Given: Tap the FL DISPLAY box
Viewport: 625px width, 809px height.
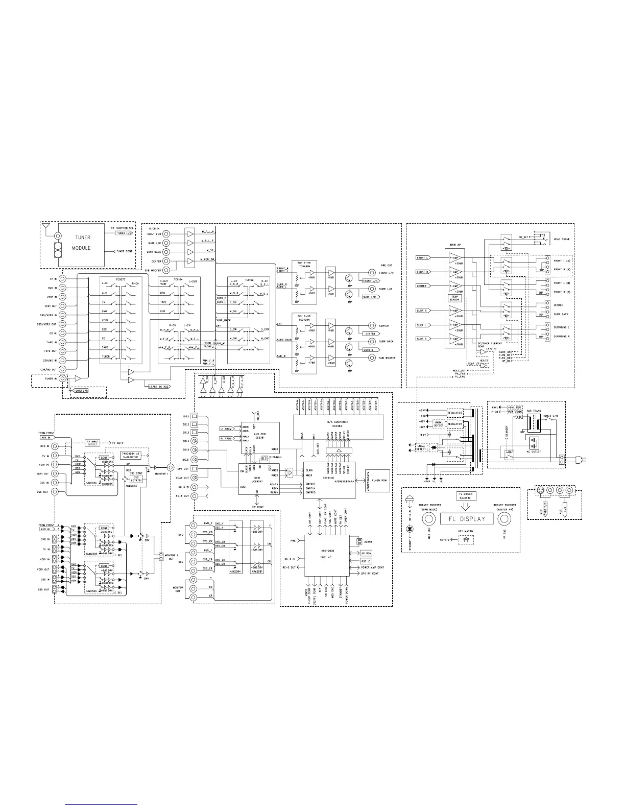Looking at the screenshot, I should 466,519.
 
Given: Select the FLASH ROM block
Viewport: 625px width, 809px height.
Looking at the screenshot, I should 379,480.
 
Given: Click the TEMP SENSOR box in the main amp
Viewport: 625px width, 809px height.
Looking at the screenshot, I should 453,298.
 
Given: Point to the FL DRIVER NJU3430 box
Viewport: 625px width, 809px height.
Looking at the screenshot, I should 466,496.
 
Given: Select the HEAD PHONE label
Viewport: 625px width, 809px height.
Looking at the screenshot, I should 561,239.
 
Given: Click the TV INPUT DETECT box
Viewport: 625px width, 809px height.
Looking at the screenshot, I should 92,443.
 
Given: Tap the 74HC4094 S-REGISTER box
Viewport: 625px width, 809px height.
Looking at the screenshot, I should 130,455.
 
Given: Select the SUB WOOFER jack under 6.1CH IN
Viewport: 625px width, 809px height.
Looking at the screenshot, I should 166,270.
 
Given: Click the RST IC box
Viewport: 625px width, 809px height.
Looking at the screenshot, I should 366,561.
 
